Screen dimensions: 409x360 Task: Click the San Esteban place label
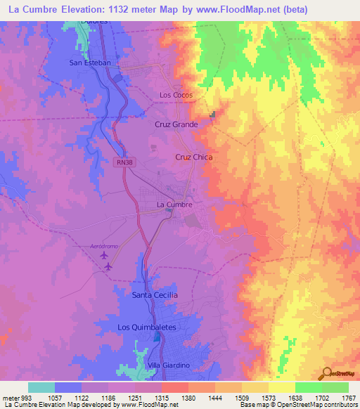pos(90,63)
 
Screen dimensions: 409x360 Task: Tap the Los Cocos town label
pos(176,95)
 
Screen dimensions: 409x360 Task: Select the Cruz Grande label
pos(176,124)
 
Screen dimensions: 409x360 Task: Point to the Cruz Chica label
pos(193,157)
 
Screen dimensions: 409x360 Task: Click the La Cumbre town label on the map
pos(174,205)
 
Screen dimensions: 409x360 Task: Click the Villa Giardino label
pos(169,366)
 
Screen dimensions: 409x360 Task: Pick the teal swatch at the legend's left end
pos(41,387)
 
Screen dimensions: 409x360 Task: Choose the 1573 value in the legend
pos(255,398)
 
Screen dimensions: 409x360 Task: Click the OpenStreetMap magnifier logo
pos(328,374)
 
